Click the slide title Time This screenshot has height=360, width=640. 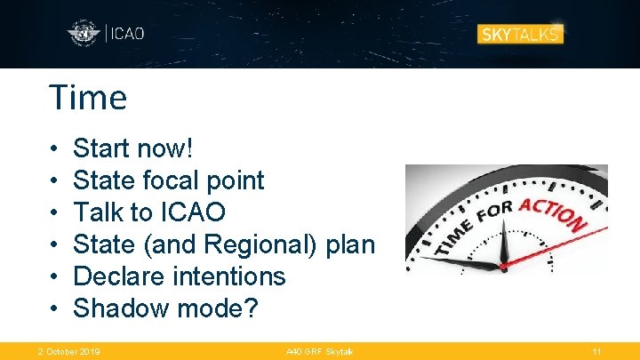tap(88, 98)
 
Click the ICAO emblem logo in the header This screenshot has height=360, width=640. tap(84, 35)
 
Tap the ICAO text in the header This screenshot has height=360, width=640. tap(126, 35)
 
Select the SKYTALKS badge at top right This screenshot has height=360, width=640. tap(520, 35)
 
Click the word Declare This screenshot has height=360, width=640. tap(116, 276)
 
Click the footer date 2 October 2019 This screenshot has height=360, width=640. tap(69, 352)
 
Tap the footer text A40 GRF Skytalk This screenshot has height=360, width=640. tap(319, 352)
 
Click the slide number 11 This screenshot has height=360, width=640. tap(596, 352)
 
